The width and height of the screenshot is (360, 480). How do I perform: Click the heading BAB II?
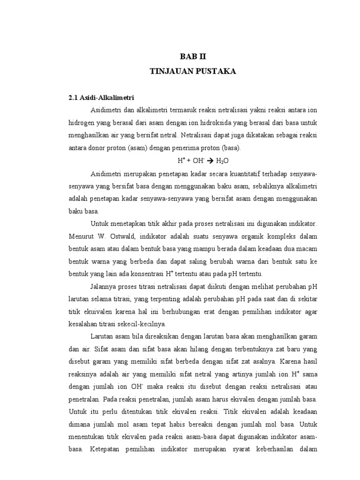[193, 57]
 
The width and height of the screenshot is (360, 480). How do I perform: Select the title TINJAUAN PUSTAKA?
[193, 71]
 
